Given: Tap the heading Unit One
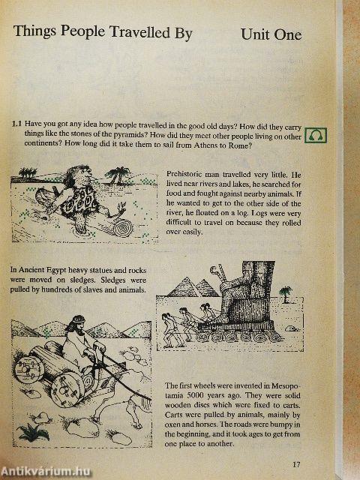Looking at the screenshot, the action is pos(271,34).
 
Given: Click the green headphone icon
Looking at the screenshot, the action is pos(316,135).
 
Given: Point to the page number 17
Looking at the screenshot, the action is pos(296,464).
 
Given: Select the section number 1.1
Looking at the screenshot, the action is pos(16,124).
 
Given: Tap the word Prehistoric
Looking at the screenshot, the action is pos(184,174).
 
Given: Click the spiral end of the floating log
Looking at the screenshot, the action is pos(124,227).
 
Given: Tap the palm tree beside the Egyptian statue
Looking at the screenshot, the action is pos(285,293).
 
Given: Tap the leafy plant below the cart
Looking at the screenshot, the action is pos(33,432).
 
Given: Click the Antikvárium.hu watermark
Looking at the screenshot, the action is pos(45,472).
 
